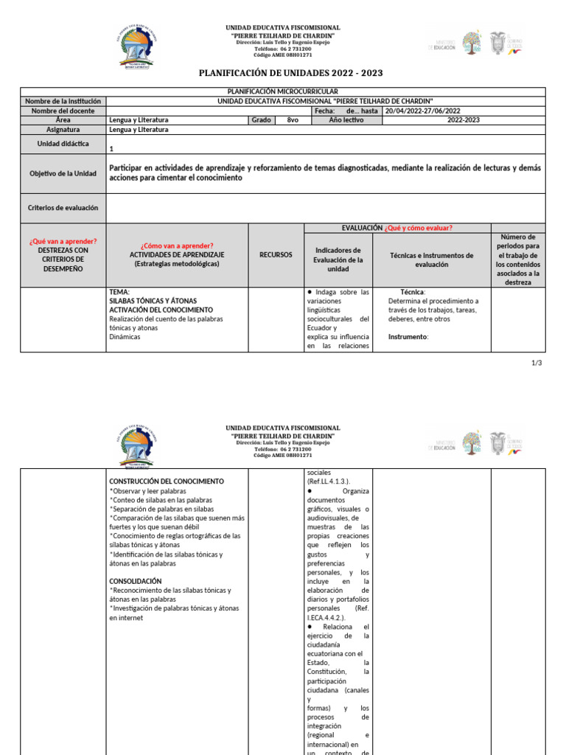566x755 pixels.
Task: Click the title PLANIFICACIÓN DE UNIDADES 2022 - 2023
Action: [x=283, y=73]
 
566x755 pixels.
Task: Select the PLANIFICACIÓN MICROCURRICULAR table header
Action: [x=283, y=91]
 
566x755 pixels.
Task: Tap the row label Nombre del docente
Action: [x=63, y=111]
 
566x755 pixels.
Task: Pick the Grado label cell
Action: [x=262, y=119]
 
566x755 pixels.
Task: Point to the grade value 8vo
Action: [x=293, y=119]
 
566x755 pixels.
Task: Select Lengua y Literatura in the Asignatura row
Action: [x=139, y=129]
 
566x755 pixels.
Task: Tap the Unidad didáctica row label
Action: [x=63, y=144]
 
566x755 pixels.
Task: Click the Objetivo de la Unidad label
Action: [x=63, y=173]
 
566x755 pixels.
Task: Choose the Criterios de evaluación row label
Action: [x=63, y=208]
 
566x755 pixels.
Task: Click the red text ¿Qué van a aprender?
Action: [x=63, y=241]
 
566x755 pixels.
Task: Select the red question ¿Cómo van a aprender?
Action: [x=177, y=246]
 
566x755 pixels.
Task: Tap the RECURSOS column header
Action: [x=276, y=254]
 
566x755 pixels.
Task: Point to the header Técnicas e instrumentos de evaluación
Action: [x=431, y=260]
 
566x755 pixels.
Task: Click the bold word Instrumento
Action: [x=408, y=337]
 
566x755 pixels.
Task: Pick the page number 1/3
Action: [x=537, y=363]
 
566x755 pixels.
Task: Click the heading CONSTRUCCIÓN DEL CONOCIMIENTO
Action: [x=167, y=481]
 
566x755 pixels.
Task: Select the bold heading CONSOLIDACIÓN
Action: [x=135, y=581]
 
